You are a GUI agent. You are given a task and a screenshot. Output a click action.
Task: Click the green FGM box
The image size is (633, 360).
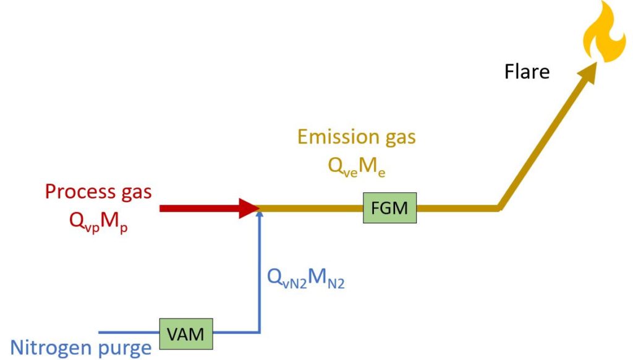click(389, 208)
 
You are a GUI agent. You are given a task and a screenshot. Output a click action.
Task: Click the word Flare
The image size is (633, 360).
click(527, 72)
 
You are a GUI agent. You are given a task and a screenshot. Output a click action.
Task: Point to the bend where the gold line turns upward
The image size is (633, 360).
click(499, 208)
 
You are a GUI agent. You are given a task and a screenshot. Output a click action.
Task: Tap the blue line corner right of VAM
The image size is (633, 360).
click(260, 333)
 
